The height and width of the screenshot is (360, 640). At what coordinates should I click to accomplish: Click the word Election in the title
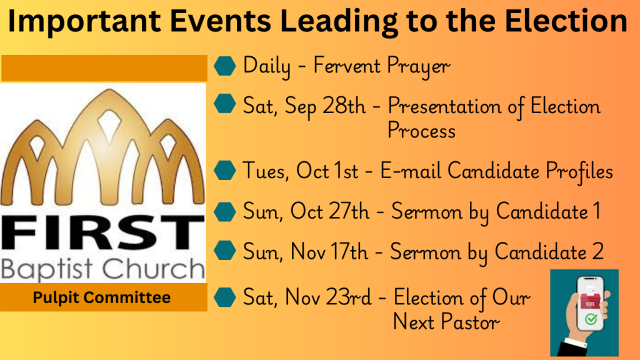click(566, 21)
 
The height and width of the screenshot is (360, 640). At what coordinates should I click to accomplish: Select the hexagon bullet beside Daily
click(225, 66)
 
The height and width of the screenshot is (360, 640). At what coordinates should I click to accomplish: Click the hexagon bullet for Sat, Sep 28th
click(225, 104)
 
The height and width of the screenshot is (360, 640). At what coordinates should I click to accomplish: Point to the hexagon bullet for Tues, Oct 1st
click(225, 170)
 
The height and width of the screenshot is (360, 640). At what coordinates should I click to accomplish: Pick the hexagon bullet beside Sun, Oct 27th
click(225, 211)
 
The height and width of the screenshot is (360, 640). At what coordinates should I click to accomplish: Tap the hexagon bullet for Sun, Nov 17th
click(225, 250)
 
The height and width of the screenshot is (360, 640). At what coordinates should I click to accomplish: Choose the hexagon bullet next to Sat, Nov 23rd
click(225, 297)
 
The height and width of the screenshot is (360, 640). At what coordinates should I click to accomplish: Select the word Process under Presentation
click(421, 131)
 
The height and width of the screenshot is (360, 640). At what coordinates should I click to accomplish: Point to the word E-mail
click(411, 171)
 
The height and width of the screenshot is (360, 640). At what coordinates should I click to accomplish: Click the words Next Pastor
click(446, 322)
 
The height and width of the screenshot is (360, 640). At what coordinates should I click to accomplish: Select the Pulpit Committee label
click(102, 297)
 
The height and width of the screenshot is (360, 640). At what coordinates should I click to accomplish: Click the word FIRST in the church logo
click(103, 232)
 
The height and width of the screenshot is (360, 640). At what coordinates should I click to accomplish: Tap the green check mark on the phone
click(591, 319)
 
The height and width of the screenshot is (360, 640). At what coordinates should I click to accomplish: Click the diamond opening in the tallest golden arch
click(109, 123)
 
